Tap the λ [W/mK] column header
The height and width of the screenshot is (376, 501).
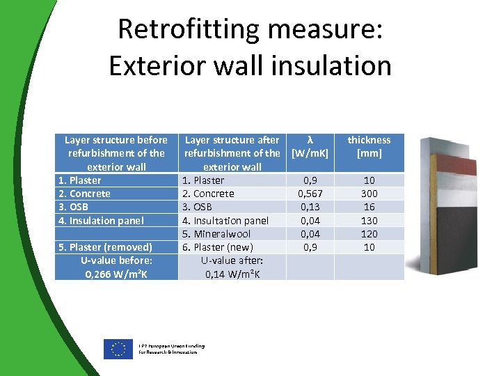[310, 146]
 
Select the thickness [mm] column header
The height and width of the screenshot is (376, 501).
[369, 146]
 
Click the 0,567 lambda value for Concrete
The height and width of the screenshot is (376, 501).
[310, 194]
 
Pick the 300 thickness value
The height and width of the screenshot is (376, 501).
[369, 194]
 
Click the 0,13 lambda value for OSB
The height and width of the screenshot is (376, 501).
[310, 207]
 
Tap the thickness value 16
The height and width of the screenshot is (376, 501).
[369, 207]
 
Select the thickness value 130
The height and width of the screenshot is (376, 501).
[369, 220]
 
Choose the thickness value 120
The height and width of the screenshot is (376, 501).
[369, 234]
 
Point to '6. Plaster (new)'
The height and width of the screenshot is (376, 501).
[218, 247]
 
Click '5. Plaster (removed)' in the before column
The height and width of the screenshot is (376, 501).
[104, 247]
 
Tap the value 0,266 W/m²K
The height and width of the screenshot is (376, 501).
[116, 274]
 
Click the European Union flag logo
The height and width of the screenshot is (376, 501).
[118, 349]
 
